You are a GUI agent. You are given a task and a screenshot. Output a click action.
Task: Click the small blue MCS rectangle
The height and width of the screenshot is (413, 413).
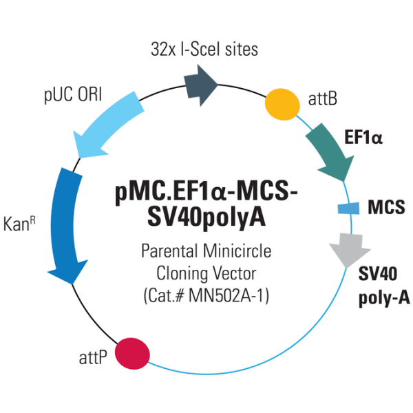tap(348, 207)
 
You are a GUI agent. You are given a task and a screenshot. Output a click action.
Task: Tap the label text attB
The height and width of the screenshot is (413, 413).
tap(322, 100)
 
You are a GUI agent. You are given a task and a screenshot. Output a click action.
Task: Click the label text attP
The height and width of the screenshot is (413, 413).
tap(92, 359)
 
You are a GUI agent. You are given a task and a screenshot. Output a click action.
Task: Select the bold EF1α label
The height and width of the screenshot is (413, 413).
tap(363, 137)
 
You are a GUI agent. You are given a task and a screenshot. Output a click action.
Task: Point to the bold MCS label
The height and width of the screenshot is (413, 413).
tap(386, 206)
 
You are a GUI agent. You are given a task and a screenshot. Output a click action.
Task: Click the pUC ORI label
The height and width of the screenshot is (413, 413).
tap(73, 94)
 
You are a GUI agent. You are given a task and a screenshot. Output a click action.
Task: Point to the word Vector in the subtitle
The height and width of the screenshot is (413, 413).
tap(233, 274)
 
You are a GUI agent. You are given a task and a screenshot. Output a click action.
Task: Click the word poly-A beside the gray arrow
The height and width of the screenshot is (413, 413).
tap(384, 297)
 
